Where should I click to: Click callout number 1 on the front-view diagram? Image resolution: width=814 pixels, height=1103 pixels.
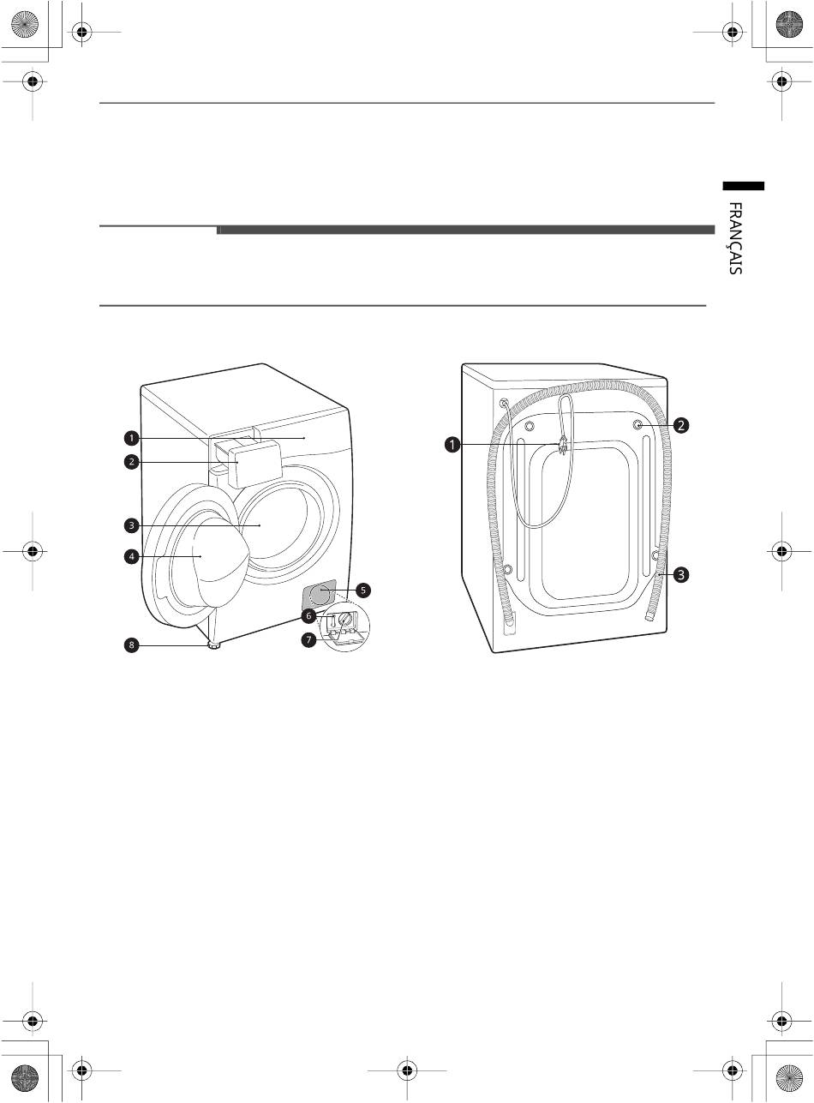coord(132,438)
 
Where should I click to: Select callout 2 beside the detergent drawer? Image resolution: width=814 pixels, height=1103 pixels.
coord(132,462)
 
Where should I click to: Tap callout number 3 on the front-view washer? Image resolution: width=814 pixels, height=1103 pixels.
coord(132,525)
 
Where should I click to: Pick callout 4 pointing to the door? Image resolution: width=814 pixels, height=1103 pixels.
coord(132,556)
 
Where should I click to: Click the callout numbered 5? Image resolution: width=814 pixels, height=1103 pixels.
coord(363,590)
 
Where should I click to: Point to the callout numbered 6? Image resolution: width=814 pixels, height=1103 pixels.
coord(308,616)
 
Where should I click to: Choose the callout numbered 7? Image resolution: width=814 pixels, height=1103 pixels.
coord(308,639)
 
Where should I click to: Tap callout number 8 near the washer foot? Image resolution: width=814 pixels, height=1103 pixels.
coord(132,646)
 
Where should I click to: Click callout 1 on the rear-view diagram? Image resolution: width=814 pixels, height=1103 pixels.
coord(452,444)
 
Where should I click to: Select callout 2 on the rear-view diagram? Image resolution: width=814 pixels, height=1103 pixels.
coord(680,425)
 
